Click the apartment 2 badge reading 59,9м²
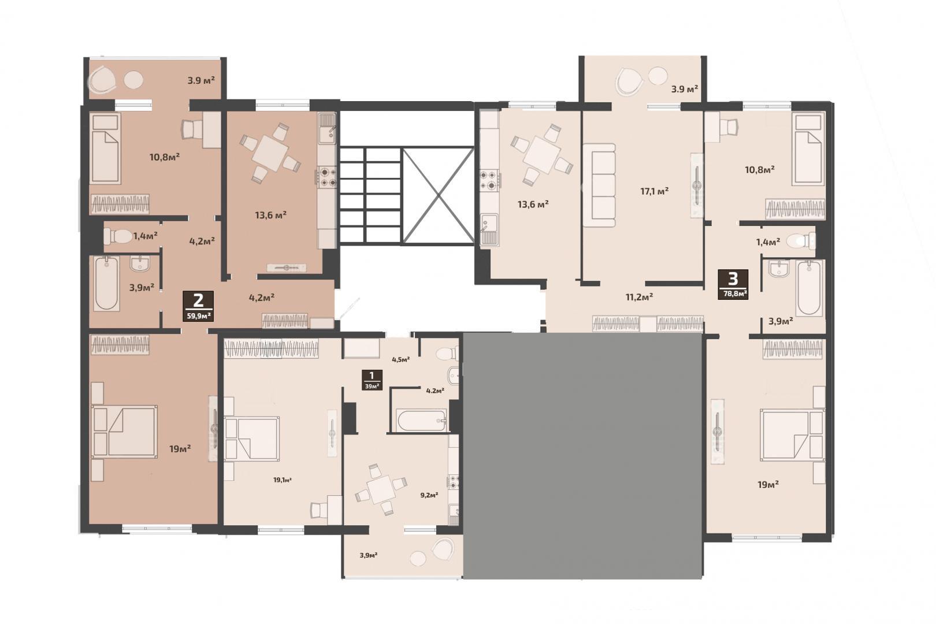[198, 306]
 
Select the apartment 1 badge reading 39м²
[372, 380]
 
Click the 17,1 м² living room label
[655, 191]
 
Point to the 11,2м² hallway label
[640, 297]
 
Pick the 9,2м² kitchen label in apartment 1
[429, 495]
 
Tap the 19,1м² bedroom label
[283, 480]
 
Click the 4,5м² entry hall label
[401, 359]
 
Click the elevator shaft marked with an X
[437, 195]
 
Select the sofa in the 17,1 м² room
[599, 185]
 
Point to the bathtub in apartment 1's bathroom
[422, 421]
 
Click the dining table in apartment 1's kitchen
[380, 489]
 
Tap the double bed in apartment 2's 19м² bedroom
[125, 430]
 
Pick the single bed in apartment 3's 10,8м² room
[808, 150]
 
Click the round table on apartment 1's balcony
[418, 559]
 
